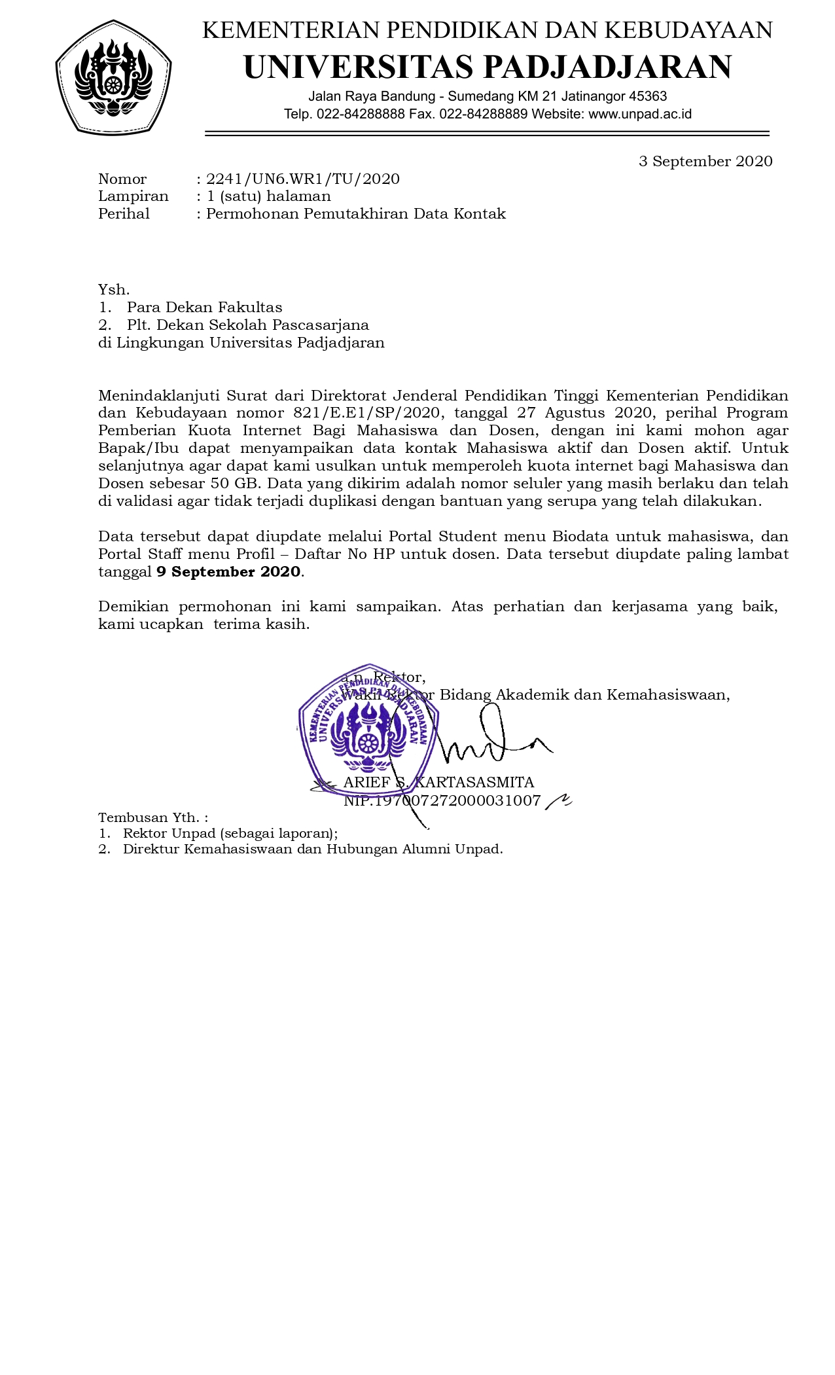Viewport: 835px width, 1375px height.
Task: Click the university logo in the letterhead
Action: [x=114, y=77]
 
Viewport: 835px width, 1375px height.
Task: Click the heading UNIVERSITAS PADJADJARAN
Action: [x=488, y=67]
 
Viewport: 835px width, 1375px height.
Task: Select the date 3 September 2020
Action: [x=705, y=161]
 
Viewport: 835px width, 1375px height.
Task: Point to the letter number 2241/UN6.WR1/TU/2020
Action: [x=303, y=179]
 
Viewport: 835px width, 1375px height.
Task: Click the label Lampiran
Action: [x=133, y=196]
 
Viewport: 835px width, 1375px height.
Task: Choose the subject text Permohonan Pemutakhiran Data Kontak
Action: [x=356, y=214]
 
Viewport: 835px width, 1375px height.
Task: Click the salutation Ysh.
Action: [x=114, y=290]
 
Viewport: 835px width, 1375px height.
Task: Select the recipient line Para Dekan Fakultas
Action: [x=205, y=308]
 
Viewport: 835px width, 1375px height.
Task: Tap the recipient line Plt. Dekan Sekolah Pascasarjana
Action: [x=248, y=325]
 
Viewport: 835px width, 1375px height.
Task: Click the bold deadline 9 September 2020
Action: [x=228, y=571]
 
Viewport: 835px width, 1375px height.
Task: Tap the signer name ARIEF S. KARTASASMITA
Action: [x=438, y=782]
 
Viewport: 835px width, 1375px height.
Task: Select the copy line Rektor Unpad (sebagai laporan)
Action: [x=230, y=833]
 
